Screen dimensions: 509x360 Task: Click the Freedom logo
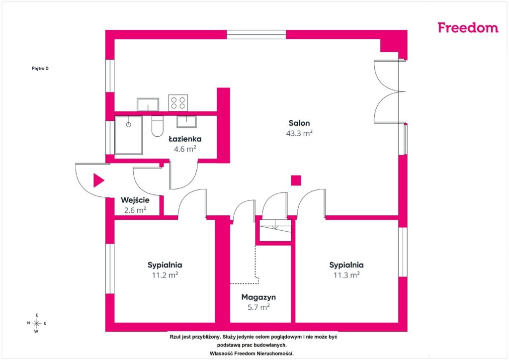(468, 28)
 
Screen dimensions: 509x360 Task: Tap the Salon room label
(299, 123)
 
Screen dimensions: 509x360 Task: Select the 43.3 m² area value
(299, 133)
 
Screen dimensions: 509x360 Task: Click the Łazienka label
(185, 139)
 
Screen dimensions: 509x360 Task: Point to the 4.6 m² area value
(185, 149)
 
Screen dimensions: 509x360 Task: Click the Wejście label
(135, 200)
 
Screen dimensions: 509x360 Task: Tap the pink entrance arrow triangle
(99, 180)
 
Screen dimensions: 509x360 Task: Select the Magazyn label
(258, 297)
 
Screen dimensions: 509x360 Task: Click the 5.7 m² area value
(258, 307)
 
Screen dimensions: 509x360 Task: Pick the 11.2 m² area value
(165, 275)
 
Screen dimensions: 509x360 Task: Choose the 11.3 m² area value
(346, 275)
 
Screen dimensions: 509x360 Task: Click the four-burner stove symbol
(178, 102)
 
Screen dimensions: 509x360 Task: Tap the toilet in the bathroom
(158, 127)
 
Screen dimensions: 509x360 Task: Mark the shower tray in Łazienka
(129, 135)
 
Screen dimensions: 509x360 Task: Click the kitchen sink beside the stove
(148, 104)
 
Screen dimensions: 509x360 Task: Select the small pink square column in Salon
(296, 180)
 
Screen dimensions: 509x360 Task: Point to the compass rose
(36, 323)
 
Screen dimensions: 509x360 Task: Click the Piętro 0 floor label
(40, 69)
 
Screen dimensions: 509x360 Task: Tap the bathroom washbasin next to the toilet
(186, 122)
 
